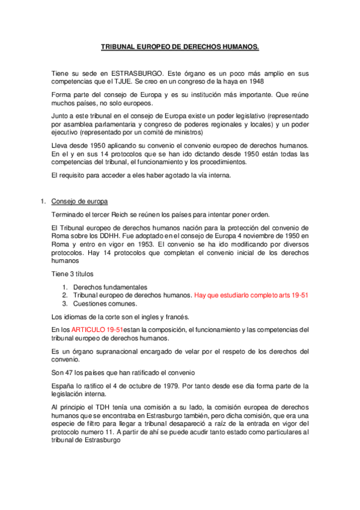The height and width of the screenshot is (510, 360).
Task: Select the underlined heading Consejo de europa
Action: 79,201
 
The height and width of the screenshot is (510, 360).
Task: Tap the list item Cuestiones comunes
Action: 105,304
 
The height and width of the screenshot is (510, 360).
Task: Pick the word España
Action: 63,386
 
